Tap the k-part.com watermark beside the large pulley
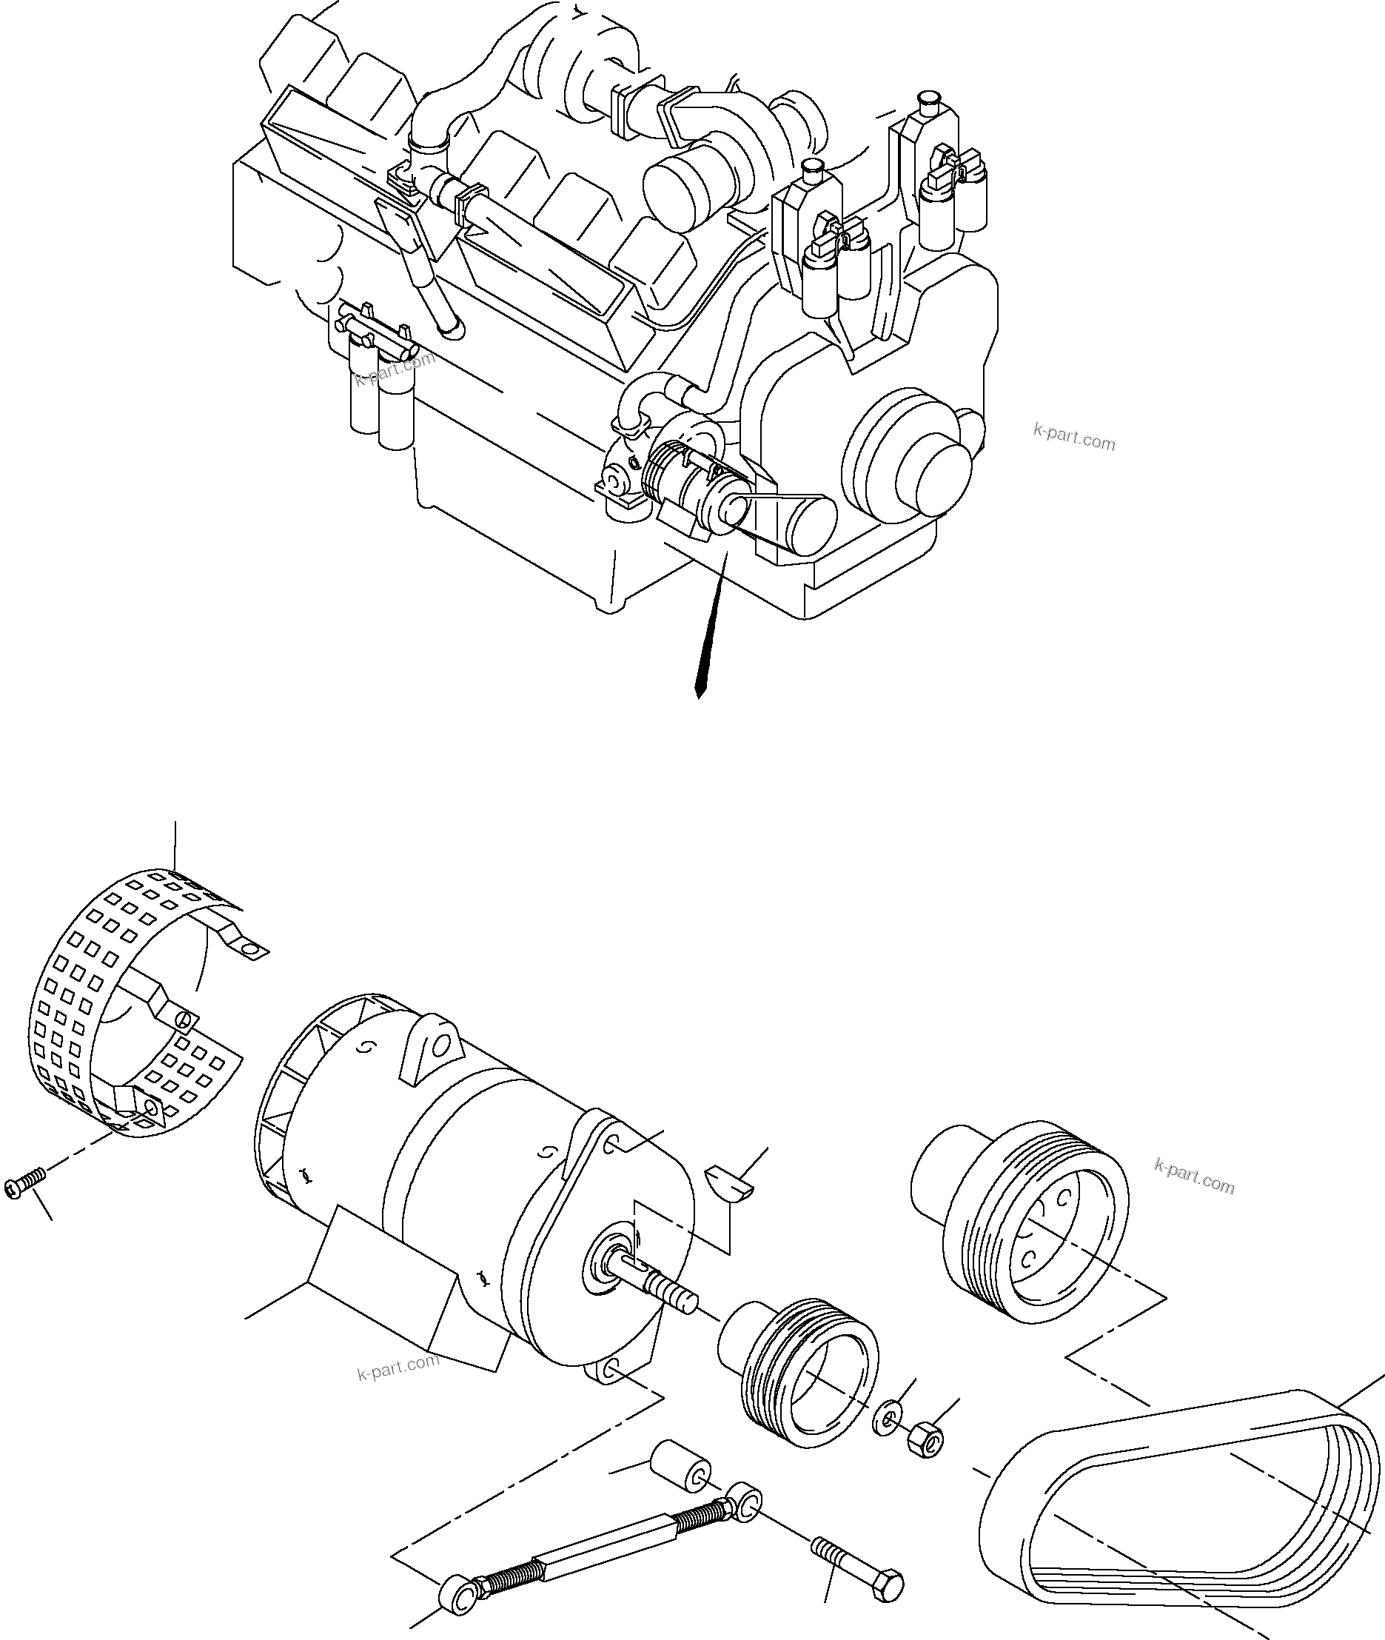(x=1194, y=1178)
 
